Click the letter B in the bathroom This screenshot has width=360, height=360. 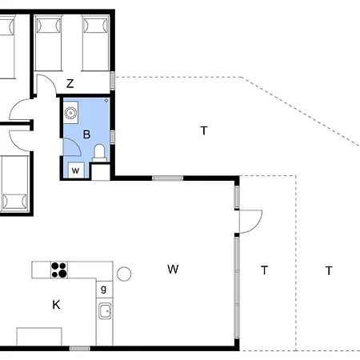[x=86, y=134]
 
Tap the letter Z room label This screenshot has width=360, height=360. [x=70, y=84]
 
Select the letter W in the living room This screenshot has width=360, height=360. [x=173, y=270]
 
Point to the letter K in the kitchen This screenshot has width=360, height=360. [x=56, y=305]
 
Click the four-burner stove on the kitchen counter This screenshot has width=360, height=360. [x=59, y=270]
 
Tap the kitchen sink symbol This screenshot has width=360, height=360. [x=106, y=311]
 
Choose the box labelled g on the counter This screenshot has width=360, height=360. [x=104, y=290]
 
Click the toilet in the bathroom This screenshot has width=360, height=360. [x=99, y=153]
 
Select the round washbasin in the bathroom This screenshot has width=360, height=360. [x=70, y=113]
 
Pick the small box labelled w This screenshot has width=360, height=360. [x=76, y=170]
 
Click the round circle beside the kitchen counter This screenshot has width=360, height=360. [x=124, y=274]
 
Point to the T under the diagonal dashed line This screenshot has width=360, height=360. [x=204, y=130]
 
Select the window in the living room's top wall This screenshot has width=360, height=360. [x=168, y=178]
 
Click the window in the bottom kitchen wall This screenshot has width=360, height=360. [x=80, y=348]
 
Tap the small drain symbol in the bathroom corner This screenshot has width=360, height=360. [x=106, y=101]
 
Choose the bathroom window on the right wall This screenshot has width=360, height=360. [x=113, y=137]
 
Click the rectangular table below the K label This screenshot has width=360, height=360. [x=39, y=337]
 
